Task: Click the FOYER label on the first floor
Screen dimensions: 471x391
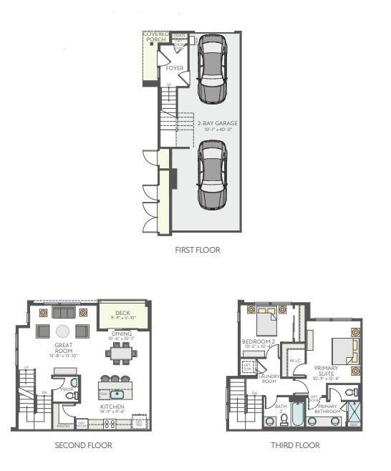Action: (174, 69)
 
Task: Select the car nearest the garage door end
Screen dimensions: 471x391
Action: (212, 173)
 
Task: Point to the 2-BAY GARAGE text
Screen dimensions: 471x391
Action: (217, 123)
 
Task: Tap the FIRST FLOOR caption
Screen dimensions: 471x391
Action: (197, 250)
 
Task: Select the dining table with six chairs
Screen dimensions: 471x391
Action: (122, 352)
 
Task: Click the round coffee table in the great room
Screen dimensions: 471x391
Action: (63, 331)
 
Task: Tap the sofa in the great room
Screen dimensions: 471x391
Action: (63, 313)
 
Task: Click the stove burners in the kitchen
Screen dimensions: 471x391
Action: (110, 424)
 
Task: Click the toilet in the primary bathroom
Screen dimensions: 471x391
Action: (352, 393)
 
